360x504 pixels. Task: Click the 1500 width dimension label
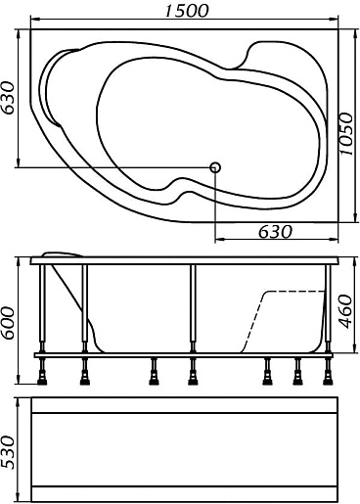point(186,10)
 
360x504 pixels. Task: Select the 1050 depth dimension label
point(346,134)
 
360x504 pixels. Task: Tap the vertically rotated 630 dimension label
point(8,98)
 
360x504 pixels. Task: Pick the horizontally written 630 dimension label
point(275,232)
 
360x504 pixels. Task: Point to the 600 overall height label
point(8,323)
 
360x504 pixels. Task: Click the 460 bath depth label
point(345,312)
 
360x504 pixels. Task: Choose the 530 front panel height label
point(8,452)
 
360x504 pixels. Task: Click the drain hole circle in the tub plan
point(215,167)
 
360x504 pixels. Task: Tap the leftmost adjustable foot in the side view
point(42,372)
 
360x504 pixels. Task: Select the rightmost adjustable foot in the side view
point(328,372)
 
